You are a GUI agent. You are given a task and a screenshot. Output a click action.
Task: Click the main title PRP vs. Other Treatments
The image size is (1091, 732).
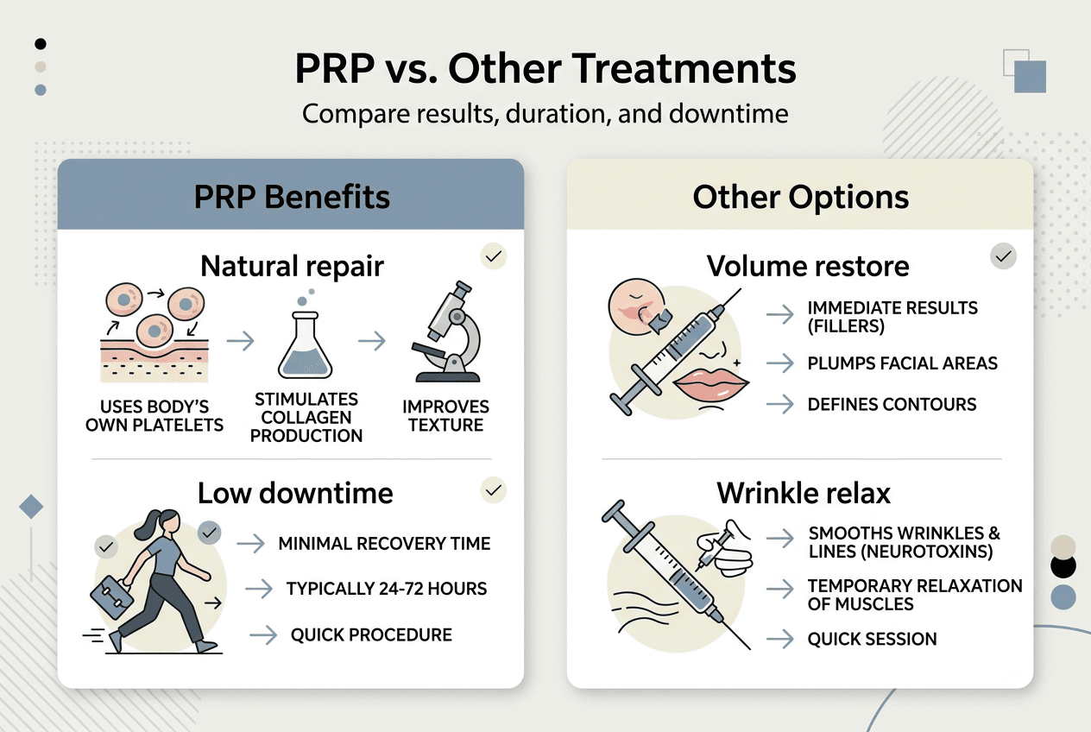tap(545, 69)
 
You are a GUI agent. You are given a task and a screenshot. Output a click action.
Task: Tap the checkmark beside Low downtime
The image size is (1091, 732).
tap(494, 490)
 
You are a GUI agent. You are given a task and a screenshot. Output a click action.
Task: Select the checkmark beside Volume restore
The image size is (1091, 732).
tap(1003, 256)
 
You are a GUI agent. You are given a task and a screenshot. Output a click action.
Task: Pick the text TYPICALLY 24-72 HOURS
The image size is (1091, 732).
tap(387, 589)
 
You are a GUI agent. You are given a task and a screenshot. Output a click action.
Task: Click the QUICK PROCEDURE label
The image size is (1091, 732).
tap(371, 634)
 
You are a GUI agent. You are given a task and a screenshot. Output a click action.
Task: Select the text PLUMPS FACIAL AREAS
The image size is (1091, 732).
tap(902, 363)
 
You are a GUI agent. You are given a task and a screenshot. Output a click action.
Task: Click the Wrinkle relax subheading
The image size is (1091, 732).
tap(804, 493)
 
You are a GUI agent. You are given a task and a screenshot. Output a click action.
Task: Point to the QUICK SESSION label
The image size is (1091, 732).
tap(872, 640)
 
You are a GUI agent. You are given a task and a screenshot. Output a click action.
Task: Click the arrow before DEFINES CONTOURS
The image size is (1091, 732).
tap(780, 404)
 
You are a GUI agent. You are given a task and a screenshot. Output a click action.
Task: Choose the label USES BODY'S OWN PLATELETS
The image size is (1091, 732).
tap(155, 415)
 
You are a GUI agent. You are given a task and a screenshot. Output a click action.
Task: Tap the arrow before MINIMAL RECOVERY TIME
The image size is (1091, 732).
tap(250, 544)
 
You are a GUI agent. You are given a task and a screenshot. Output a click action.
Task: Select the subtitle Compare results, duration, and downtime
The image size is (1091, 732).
tap(545, 114)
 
